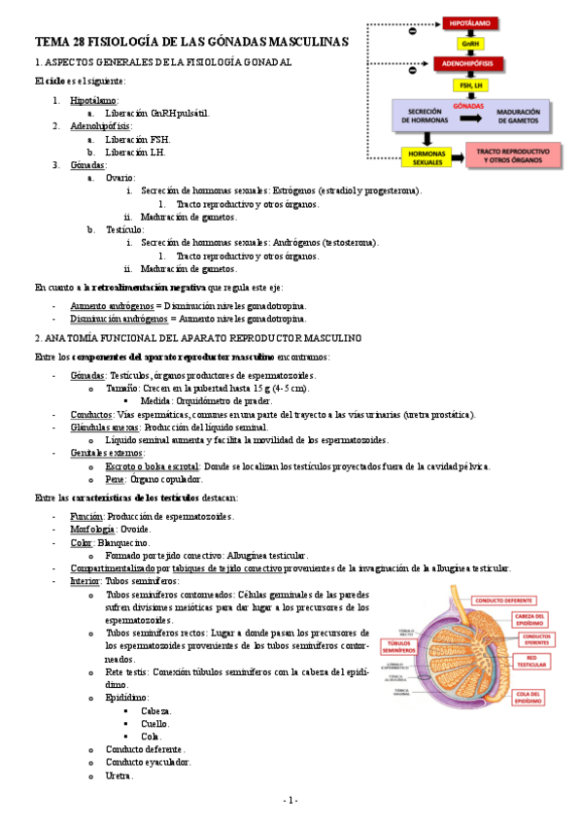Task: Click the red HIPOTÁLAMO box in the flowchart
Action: pyautogui.click(x=469, y=20)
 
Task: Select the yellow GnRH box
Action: pyautogui.click(x=469, y=43)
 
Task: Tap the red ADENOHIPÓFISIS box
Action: pyautogui.click(x=469, y=64)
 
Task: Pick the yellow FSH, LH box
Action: pyautogui.click(x=469, y=86)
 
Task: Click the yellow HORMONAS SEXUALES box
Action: pyautogui.click(x=427, y=156)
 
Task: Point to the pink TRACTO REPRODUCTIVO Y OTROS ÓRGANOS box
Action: pyautogui.click(x=515, y=155)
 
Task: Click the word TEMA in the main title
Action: pyautogui.click(x=50, y=42)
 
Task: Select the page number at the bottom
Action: pyautogui.click(x=291, y=800)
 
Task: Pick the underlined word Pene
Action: pyautogui.click(x=114, y=479)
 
